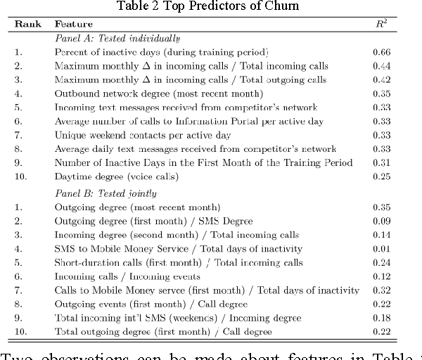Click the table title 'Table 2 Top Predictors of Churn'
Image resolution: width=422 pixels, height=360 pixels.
[x=211, y=6]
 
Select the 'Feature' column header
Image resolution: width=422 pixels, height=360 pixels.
[x=73, y=23]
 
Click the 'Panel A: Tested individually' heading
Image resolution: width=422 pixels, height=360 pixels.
[x=117, y=38]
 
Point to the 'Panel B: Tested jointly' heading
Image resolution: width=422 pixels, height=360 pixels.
[x=105, y=193]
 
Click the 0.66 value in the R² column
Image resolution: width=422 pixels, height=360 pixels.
[x=381, y=52]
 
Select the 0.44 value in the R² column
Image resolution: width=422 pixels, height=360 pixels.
[x=381, y=66]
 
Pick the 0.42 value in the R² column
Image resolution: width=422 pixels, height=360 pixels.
[x=381, y=80]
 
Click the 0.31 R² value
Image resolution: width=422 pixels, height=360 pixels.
[x=381, y=162]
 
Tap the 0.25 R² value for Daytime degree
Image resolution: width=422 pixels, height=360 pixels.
[x=381, y=176]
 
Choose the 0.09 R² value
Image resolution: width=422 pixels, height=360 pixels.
[x=381, y=221]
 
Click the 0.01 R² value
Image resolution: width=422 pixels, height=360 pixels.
[x=381, y=249]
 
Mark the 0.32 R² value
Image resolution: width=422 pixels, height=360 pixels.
[x=381, y=290]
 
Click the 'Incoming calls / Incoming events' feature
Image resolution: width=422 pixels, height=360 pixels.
[x=125, y=276]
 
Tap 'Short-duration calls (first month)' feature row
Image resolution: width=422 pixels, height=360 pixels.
[x=179, y=263]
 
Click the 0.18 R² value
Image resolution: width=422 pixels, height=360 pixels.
[x=381, y=318]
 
